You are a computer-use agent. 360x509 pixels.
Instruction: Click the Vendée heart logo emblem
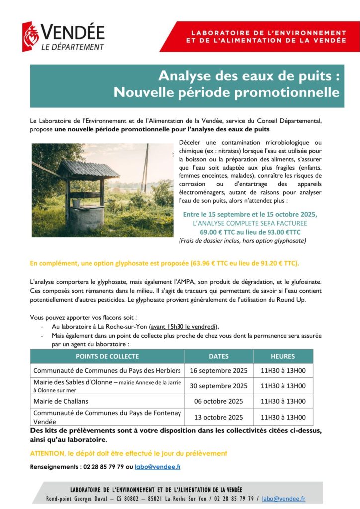[31, 36]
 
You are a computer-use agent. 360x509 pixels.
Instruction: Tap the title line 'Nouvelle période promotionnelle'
[226, 92]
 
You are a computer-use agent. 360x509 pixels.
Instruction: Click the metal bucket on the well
[76, 203]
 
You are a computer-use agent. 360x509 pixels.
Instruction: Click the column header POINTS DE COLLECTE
[107, 356]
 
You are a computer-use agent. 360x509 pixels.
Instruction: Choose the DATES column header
[218, 356]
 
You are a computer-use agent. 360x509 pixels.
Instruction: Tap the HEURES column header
[283, 356]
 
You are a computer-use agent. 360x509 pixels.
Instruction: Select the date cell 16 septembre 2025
[218, 370]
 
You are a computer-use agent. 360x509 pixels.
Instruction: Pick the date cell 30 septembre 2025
[218, 386]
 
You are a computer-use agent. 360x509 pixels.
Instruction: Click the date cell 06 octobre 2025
[218, 401]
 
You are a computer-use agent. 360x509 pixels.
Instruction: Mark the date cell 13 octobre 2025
[218, 417]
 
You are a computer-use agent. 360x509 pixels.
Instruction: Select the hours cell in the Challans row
[283, 401]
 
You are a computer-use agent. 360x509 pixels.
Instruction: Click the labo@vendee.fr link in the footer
[283, 498]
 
